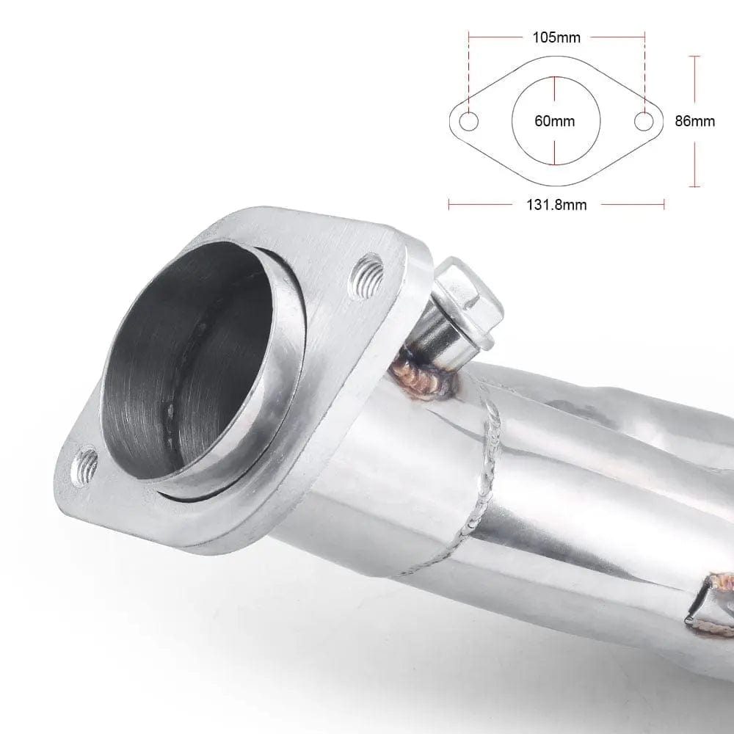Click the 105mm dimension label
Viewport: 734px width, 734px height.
[x=556, y=37]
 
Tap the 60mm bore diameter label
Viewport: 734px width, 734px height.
[x=555, y=121]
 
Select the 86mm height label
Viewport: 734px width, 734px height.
[x=694, y=121]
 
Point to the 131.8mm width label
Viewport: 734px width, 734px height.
[x=556, y=205]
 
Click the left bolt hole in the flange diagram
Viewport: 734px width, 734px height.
[x=468, y=122]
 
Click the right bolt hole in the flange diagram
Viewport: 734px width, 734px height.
[x=644, y=122]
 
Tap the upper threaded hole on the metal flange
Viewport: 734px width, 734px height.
[x=366, y=275]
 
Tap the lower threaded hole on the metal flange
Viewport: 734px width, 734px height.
[x=84, y=466]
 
